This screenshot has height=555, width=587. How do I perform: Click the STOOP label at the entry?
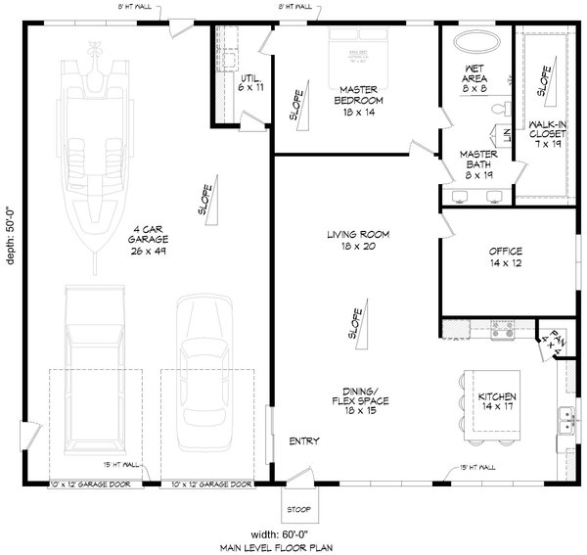(x=298, y=509)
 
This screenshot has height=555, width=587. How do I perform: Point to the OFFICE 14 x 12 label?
(x=505, y=256)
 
